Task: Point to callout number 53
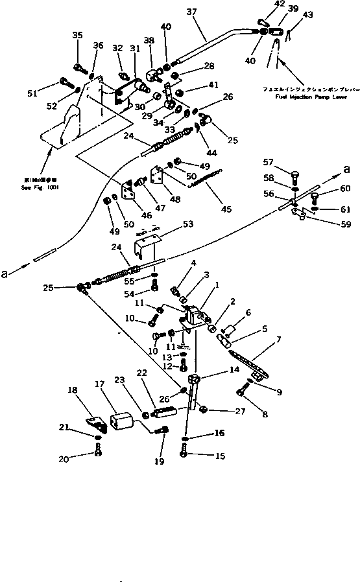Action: pos(188,224)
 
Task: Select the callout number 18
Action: pos(71,391)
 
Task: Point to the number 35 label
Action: pos(78,35)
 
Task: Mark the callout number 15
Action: pos(221,456)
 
